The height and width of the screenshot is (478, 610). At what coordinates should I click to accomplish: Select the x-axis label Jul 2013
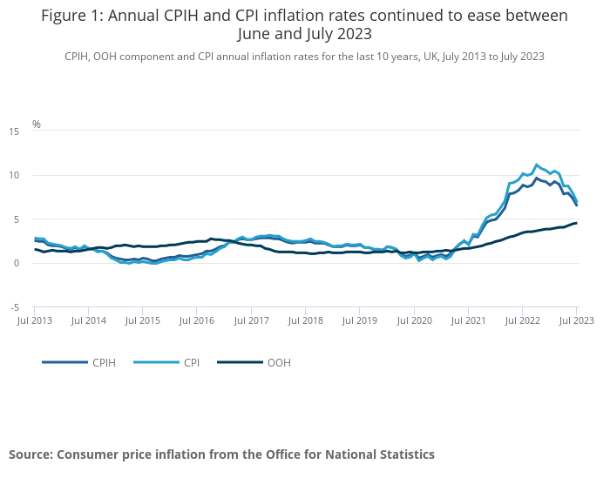click(x=35, y=321)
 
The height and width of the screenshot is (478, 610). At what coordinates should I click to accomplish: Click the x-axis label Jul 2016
click(x=197, y=321)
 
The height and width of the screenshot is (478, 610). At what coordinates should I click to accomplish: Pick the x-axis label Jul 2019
click(x=360, y=321)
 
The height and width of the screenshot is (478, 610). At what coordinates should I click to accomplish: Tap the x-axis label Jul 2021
click(x=468, y=321)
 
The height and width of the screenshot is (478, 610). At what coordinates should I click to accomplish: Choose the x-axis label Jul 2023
click(x=576, y=321)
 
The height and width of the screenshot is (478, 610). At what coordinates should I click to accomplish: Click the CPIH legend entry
click(x=104, y=362)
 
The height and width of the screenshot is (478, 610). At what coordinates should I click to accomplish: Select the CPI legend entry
click(x=192, y=362)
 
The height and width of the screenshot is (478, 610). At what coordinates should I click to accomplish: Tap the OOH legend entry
click(x=279, y=362)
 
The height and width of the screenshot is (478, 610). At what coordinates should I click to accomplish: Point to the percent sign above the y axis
click(x=37, y=125)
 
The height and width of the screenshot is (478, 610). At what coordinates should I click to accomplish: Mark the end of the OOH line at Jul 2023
click(x=576, y=223)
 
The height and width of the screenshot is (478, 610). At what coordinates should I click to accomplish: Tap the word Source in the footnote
click(x=30, y=454)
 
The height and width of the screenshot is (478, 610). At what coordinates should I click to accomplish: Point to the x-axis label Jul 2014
click(x=89, y=321)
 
